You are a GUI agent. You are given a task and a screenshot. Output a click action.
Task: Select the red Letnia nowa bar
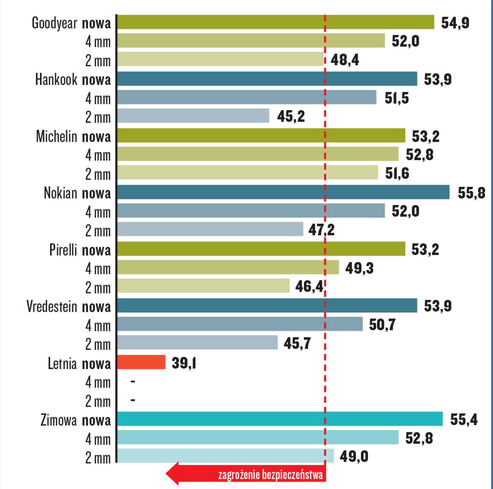coord(141,362)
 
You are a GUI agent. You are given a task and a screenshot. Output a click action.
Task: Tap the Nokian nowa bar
coord(283,192)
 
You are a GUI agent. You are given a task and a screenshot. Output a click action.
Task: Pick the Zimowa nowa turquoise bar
coord(280,419)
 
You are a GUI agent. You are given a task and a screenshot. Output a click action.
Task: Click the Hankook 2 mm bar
coord(193,116)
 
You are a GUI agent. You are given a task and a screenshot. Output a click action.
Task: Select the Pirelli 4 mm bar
coord(228,267)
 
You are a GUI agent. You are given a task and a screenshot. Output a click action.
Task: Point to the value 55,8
coord(471,193)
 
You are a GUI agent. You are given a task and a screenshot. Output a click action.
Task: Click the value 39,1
coord(184,363)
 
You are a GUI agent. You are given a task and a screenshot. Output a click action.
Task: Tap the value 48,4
coord(345,60)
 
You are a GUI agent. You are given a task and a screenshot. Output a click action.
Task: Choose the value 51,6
coord(397,173)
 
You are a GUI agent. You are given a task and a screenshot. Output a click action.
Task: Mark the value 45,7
coord(297,343)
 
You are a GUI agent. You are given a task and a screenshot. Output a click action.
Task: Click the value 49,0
coord(354,456)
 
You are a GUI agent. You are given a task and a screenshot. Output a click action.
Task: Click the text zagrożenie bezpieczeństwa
coord(270,475)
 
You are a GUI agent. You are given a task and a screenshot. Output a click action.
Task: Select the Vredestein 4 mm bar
coord(240,324)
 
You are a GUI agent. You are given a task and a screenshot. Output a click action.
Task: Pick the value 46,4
coord(309,286)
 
